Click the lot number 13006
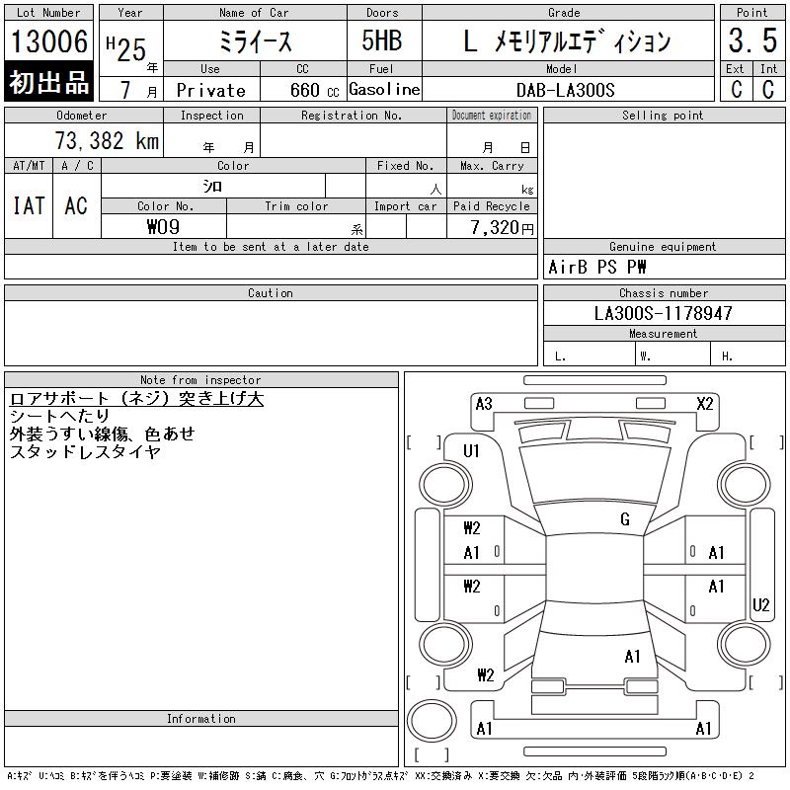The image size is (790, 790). pyautogui.click(x=49, y=41)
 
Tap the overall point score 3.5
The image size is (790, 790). pyautogui.click(x=752, y=40)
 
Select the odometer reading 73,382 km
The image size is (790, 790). pyautogui.click(x=107, y=141)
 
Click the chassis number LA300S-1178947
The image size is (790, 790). pyautogui.click(x=663, y=313)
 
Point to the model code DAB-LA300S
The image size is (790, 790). pyautogui.click(x=565, y=90)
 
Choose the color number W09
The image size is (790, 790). pyautogui.click(x=163, y=227)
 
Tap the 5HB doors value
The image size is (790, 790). pyautogui.click(x=382, y=40)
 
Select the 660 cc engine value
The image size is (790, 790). pyautogui.click(x=314, y=90)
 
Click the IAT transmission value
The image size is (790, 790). pyautogui.click(x=29, y=205)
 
